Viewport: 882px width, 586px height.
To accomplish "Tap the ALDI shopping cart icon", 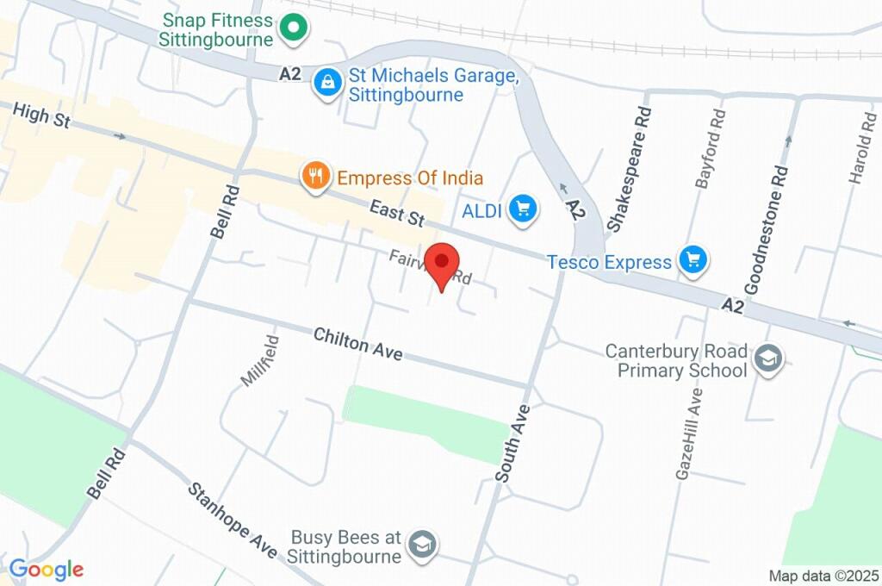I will click(522, 208).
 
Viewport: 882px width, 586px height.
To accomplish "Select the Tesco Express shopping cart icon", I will click(693, 260).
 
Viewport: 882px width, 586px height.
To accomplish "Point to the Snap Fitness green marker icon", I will click(293, 28).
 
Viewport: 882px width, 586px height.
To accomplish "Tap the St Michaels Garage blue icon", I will click(327, 83).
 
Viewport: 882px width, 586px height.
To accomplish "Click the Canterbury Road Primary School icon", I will click(767, 359).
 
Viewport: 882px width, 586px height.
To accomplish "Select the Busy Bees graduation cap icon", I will click(422, 544).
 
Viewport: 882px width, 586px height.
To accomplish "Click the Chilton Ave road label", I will click(357, 343).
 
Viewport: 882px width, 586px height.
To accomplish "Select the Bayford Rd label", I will click(708, 148).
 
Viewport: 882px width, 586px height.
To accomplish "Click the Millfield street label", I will click(259, 360).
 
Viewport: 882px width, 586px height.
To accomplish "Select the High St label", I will click(41, 116).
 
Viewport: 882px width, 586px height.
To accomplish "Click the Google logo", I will click(47, 569).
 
